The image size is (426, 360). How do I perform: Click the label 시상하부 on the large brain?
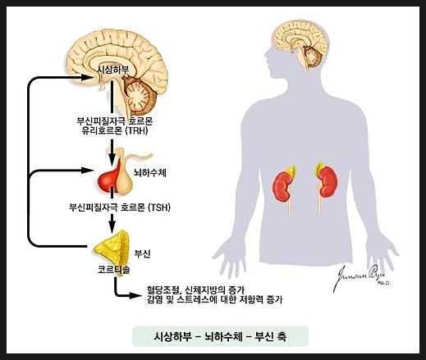(113, 70)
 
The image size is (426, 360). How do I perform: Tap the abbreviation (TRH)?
(136, 131)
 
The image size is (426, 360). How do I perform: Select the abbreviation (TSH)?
(159, 207)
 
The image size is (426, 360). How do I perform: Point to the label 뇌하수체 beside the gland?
(150, 173)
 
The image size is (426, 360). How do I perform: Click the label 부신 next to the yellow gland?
(142, 254)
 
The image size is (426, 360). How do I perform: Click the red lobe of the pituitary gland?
(108, 179)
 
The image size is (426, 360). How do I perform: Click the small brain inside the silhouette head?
(300, 45)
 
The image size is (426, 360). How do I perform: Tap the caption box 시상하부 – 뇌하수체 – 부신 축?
(220, 336)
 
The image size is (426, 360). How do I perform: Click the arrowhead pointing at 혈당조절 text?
(135, 295)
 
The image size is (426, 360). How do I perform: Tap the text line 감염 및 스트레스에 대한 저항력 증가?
(215, 300)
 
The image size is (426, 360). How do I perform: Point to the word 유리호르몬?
(102, 131)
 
